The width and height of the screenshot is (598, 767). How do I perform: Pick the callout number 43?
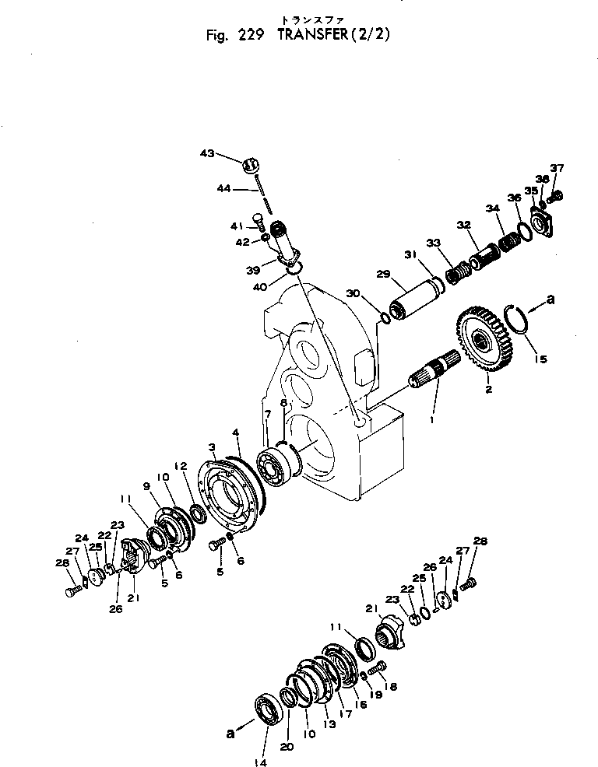(206, 154)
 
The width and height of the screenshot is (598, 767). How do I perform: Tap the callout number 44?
(223, 189)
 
